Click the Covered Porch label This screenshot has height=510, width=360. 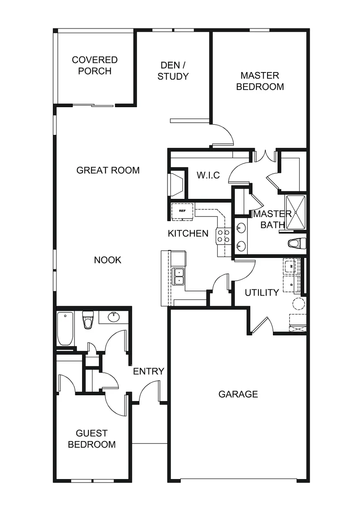[x=95, y=66]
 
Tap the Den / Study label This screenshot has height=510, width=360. [x=173, y=71]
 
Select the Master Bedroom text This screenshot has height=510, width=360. [x=260, y=81]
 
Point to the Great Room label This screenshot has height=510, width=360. [x=108, y=170]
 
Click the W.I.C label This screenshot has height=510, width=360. [x=208, y=175]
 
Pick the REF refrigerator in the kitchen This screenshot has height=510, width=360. [x=182, y=211]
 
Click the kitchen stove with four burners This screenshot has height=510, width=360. [x=223, y=236]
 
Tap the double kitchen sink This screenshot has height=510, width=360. [x=179, y=276]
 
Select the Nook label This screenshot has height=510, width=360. [x=108, y=260]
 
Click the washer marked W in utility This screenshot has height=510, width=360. [x=292, y=265]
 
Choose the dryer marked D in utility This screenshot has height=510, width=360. [x=292, y=283]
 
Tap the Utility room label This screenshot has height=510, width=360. [x=262, y=293]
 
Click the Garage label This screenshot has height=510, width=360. [x=238, y=394]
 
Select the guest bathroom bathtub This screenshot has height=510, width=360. [x=66, y=328]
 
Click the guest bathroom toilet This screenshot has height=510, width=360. [x=88, y=320]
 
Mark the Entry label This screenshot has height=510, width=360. [x=149, y=371]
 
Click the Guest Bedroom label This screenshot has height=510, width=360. [x=92, y=439]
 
